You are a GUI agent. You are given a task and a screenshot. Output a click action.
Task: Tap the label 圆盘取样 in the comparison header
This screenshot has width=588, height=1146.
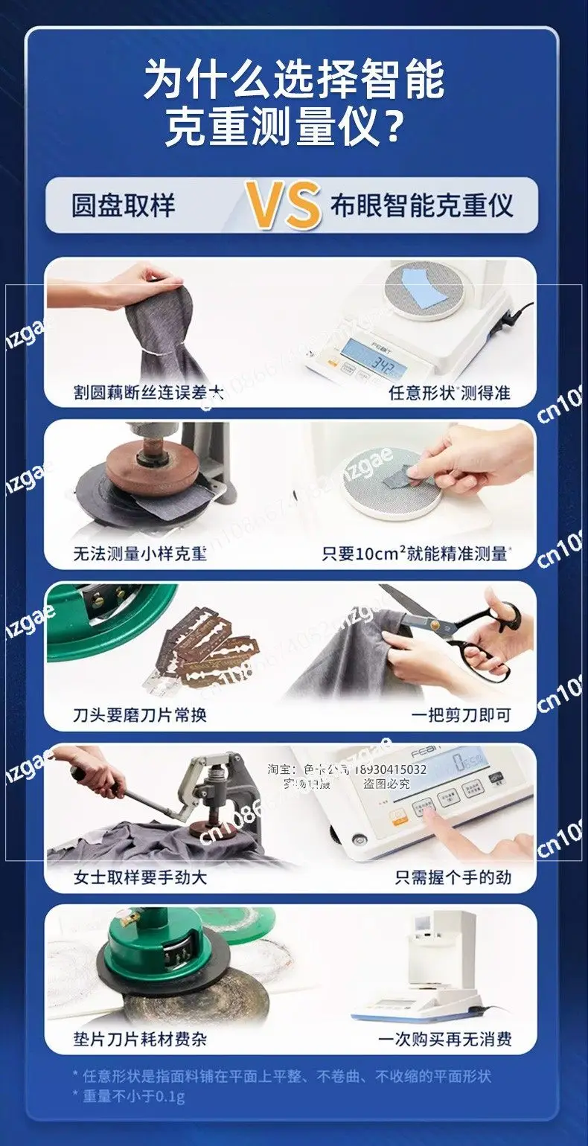(x=124, y=205)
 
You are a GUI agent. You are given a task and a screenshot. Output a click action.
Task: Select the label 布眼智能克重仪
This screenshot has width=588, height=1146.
(x=422, y=205)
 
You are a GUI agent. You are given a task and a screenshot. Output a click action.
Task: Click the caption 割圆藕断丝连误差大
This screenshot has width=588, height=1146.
(x=148, y=393)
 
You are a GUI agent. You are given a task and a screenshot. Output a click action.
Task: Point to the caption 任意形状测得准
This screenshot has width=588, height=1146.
(x=450, y=393)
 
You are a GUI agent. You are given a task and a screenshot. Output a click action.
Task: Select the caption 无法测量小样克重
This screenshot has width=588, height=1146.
(x=140, y=554)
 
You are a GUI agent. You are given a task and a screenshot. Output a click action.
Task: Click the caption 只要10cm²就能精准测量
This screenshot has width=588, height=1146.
(x=416, y=554)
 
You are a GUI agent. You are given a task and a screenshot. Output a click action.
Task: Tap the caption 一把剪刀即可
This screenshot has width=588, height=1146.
(x=461, y=715)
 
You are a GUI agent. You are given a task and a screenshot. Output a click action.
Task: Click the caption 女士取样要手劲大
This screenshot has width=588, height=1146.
(x=140, y=877)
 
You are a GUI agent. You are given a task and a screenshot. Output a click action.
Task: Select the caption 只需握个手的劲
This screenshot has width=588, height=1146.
(x=453, y=877)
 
